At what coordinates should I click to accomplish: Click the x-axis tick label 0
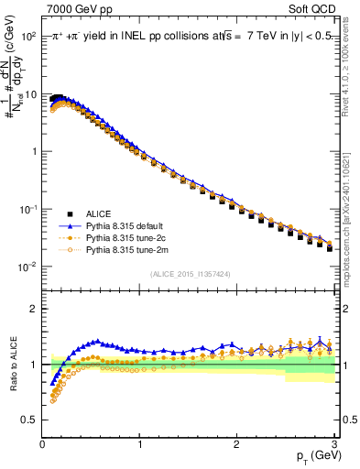pos(42,444)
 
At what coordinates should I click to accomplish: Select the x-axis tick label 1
pos(139,444)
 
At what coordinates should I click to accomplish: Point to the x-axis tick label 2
pos(236,444)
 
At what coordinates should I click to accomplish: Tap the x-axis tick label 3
pos(333,444)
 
